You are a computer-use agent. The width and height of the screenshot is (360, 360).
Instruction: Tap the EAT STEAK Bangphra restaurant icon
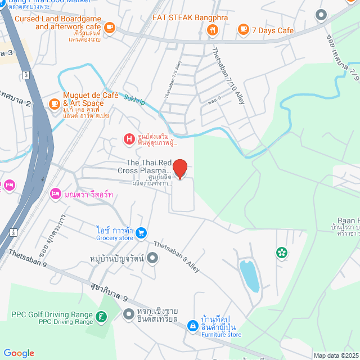[212, 31]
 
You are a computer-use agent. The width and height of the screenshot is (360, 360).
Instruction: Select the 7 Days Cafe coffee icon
[243, 29]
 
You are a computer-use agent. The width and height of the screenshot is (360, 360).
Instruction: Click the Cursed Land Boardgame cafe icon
[109, 26]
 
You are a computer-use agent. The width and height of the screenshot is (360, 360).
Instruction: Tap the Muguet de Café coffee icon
[55, 103]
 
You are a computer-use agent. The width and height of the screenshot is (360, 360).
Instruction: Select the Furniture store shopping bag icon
[192, 326]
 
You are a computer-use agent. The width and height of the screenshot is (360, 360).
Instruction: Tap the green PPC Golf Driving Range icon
[101, 318]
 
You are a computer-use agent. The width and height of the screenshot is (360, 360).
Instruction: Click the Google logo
[19, 353]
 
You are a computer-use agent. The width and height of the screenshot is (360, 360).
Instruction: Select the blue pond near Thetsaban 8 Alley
[249, 275]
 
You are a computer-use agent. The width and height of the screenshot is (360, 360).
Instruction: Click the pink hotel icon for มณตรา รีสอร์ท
[55, 194]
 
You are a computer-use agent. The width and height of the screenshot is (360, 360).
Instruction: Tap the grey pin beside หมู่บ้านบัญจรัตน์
[153, 258]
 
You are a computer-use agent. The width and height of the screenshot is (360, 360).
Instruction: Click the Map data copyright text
[335, 355]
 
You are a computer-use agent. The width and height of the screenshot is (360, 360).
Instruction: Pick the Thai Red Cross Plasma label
[144, 166]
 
